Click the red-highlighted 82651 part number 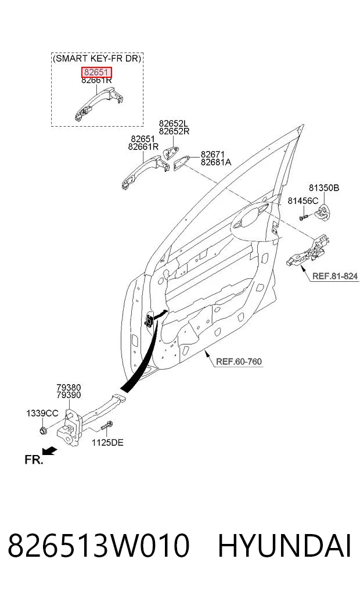pyautogui.click(x=96, y=72)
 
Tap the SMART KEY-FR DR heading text pyautogui.click(x=97, y=59)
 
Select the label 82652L pyautogui.click(x=173, y=124)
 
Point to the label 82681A pyautogui.click(x=216, y=162)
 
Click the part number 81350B pyautogui.click(x=324, y=188)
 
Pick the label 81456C pyautogui.click(x=303, y=201)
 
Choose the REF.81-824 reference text pyautogui.click(x=335, y=276)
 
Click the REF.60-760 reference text pyautogui.click(x=239, y=361)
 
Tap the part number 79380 pyautogui.click(x=69, y=388)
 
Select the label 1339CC pyautogui.click(x=42, y=413)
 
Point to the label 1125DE pyautogui.click(x=107, y=442)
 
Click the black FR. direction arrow pyautogui.click(x=50, y=450)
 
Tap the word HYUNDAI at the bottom pyautogui.click(x=285, y=546)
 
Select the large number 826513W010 pyautogui.click(x=98, y=546)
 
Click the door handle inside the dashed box pyautogui.click(x=99, y=104)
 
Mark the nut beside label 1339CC pyautogui.click(x=42, y=429)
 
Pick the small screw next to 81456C pyautogui.click(x=304, y=217)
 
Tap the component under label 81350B pyautogui.click(x=322, y=213)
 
